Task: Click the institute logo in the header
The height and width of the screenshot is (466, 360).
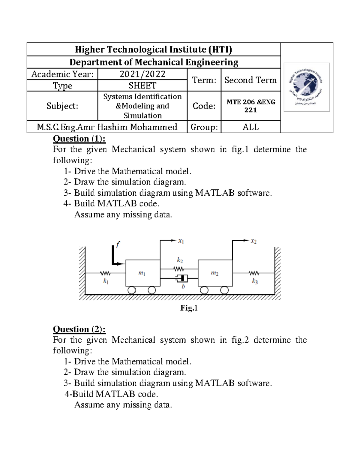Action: point(306,87)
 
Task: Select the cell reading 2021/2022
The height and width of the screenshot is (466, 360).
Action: point(142,74)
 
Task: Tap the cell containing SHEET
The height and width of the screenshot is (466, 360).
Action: point(142,86)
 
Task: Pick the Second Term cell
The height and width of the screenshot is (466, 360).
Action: point(250,80)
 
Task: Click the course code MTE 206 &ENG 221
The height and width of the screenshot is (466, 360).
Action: point(251,106)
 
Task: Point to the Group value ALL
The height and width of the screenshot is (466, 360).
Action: point(250,127)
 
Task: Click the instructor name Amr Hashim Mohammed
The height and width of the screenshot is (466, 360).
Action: point(107,127)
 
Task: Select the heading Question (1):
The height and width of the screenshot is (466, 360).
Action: point(79,139)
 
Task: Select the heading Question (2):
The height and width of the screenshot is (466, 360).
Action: point(79,329)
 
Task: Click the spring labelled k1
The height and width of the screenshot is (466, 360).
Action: point(105,273)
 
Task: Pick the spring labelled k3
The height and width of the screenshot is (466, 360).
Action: point(254,273)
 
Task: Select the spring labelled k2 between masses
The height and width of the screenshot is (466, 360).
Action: point(178,269)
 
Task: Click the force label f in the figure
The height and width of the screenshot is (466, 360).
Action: point(118,244)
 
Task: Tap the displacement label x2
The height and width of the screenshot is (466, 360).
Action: point(254,241)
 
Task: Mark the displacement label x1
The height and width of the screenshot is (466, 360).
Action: point(181,241)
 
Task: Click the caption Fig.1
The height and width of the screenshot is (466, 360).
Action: point(189,308)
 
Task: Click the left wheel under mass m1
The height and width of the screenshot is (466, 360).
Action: point(132,290)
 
